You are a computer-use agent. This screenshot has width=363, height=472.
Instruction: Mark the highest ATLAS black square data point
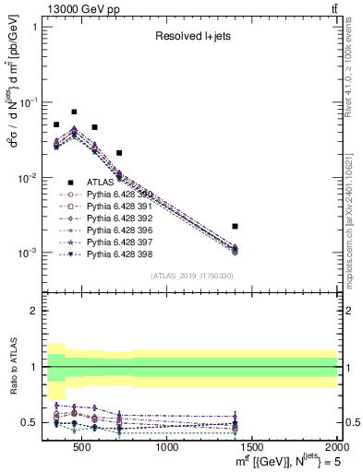click(x=74, y=112)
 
